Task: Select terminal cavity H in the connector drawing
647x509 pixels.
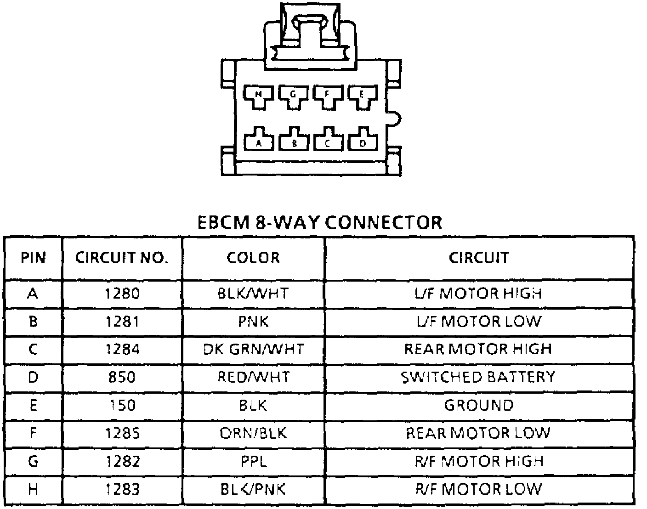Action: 258,95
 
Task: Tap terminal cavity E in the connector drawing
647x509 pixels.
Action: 362,95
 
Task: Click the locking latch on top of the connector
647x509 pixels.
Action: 311,34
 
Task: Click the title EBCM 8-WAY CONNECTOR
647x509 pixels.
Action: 319,222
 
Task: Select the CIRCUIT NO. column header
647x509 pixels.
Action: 122,258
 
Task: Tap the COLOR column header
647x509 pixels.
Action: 253,258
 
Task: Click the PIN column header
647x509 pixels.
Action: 33,258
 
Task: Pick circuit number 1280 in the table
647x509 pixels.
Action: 122,293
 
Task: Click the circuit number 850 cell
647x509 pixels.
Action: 122,377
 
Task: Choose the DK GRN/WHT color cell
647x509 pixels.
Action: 253,349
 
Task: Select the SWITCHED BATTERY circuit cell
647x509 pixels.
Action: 478,377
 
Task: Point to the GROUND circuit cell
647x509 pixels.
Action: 478,405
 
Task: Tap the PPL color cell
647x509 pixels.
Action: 253,461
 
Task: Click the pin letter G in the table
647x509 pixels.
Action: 33,461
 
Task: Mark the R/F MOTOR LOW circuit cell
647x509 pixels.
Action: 478,489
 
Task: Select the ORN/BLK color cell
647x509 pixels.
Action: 253,433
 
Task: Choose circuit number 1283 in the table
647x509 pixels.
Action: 122,489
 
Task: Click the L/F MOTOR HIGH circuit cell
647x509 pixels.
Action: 478,293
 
